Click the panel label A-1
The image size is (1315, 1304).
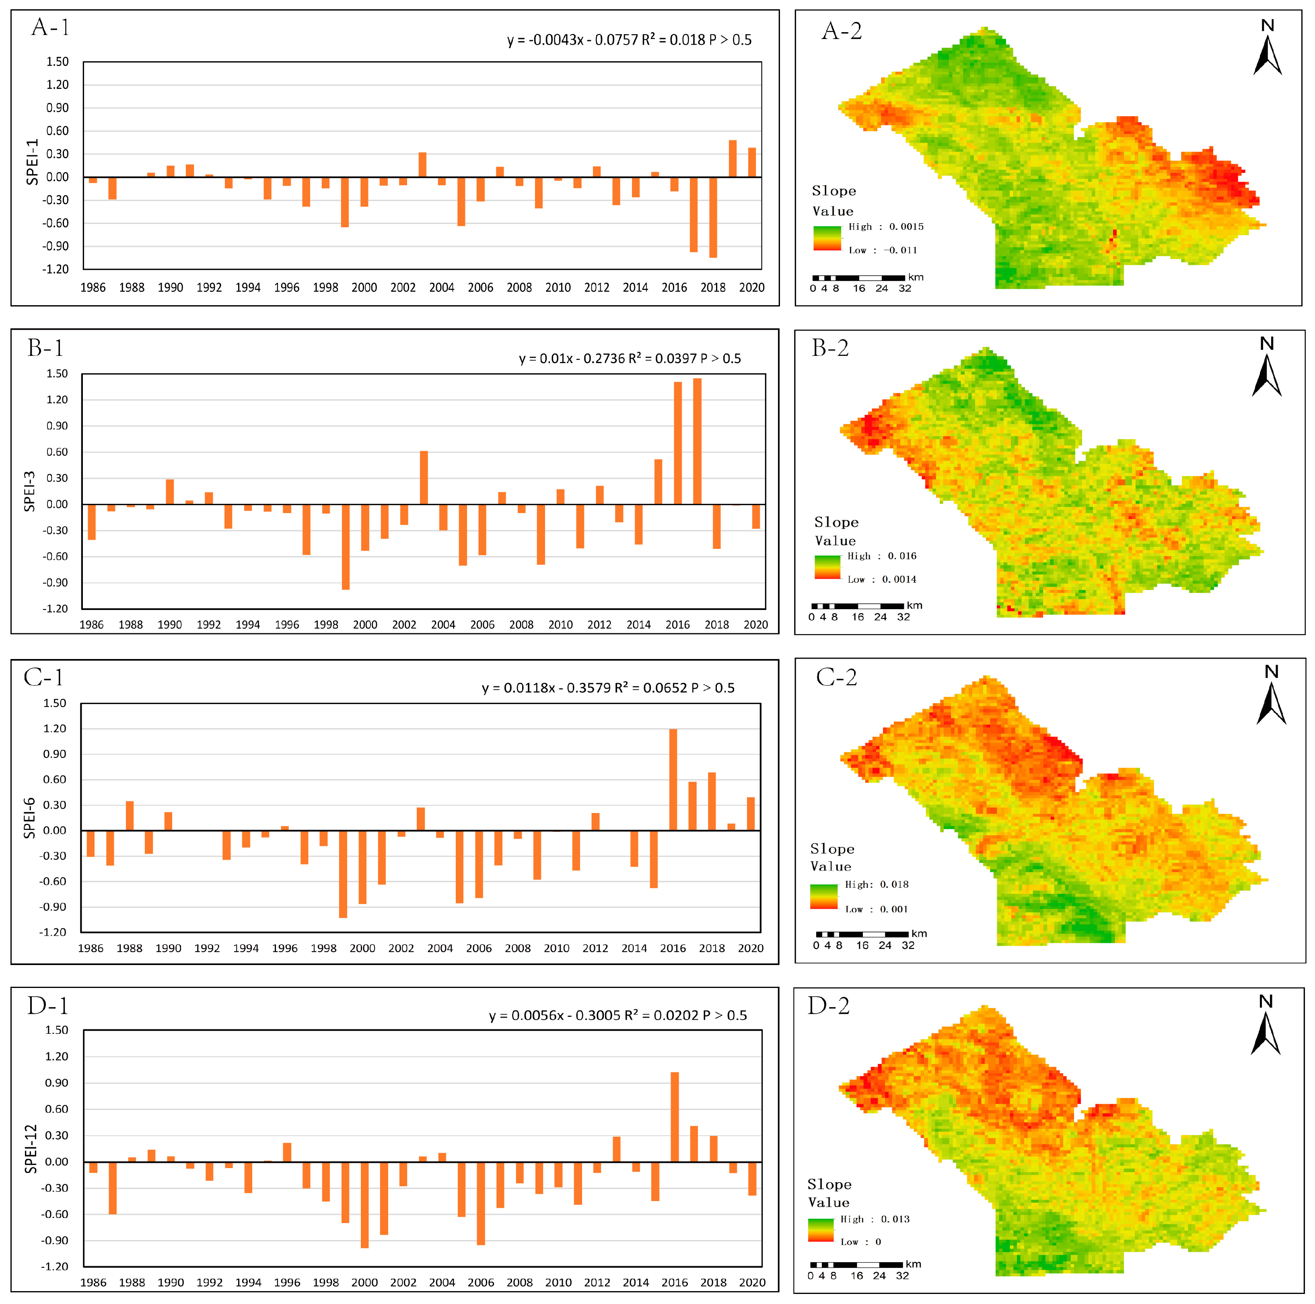coord(50,27)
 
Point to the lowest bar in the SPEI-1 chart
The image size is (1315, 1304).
coord(713,217)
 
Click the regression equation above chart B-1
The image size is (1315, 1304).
coord(630,359)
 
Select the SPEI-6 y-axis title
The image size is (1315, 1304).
coord(29,817)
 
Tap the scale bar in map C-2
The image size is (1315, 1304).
coord(862,934)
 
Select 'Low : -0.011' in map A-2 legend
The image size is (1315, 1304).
coord(883,251)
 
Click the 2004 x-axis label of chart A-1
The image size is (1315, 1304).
coord(442,287)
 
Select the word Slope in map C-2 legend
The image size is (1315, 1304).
coord(832,848)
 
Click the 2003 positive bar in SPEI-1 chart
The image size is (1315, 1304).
coord(423,164)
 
